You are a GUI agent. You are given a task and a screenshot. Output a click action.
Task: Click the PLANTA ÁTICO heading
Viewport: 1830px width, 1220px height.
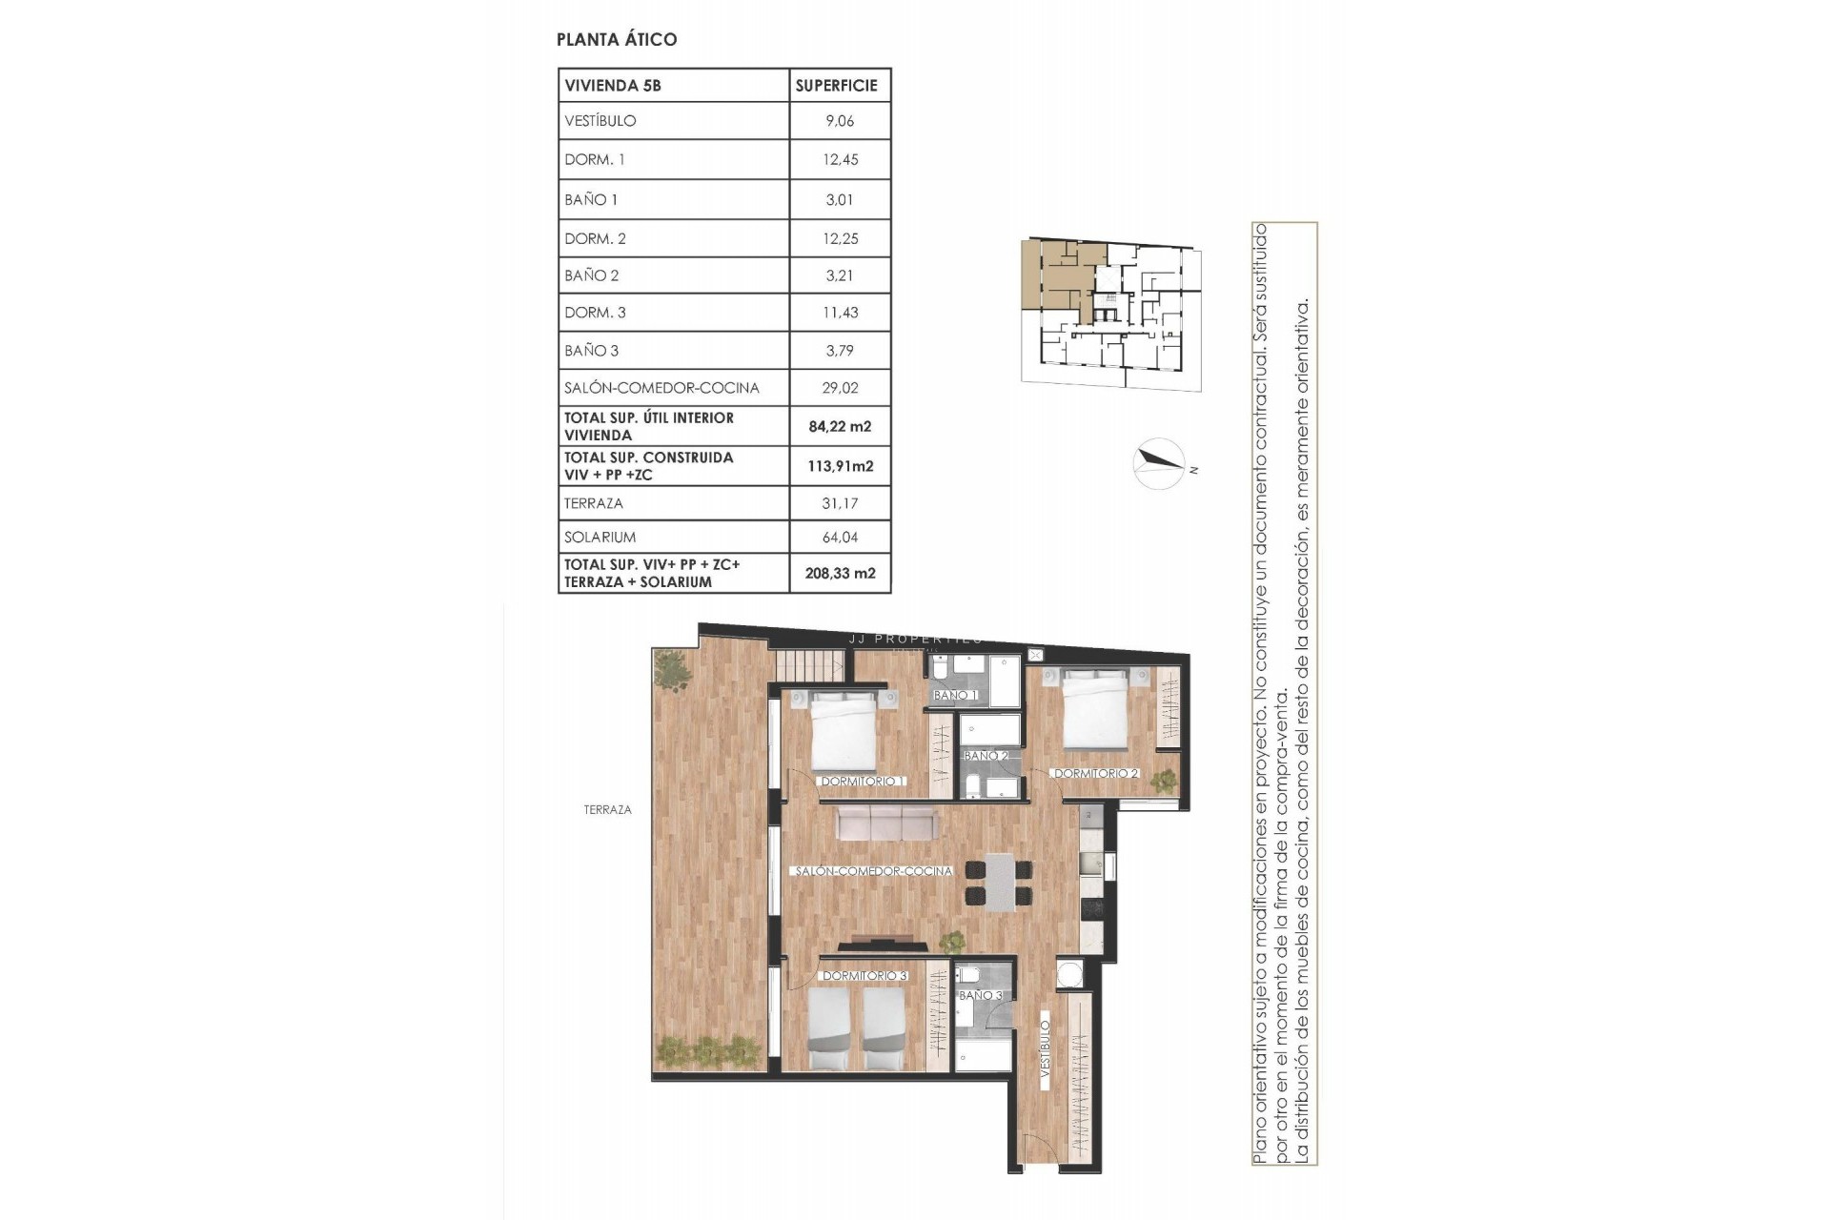point(617,39)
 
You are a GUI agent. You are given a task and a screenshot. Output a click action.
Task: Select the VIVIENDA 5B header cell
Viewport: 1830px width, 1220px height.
point(613,85)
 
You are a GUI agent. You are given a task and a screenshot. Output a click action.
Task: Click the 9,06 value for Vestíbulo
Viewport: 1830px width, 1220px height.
point(840,121)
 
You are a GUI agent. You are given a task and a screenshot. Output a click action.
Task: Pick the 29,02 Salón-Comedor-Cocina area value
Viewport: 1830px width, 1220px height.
point(840,388)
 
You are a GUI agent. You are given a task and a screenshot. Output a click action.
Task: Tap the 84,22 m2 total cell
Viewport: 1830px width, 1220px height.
point(840,426)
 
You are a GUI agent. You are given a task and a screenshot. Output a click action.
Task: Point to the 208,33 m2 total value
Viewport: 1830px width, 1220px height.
point(840,573)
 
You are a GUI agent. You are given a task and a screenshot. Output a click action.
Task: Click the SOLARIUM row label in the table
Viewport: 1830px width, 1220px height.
point(600,538)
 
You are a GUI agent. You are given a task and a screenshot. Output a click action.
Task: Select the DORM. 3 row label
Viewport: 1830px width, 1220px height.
point(595,313)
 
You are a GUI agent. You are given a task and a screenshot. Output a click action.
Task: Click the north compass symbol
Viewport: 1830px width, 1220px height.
point(1159,464)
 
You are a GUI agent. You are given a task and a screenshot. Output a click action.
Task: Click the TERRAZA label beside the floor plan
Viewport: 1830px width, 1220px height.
point(607,810)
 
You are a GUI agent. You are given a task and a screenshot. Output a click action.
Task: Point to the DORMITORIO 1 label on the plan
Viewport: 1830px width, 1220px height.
point(863,782)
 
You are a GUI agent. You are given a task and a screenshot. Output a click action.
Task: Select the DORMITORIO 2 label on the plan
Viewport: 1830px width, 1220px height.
point(1095,774)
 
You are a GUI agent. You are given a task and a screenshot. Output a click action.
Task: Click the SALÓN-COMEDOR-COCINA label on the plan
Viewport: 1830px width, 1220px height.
point(873,871)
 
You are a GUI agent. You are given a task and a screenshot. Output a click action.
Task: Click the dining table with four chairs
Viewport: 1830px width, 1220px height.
point(999,882)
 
